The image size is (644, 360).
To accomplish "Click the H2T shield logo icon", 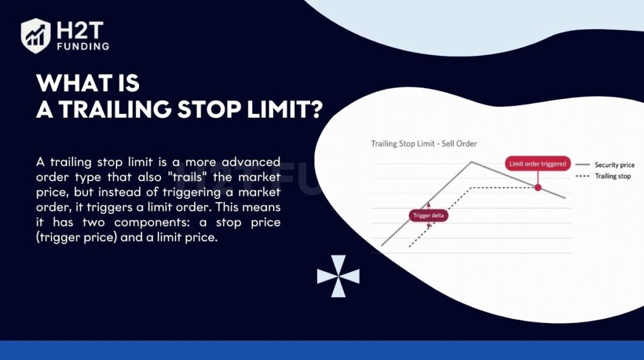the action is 36,36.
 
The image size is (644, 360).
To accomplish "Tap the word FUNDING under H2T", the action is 83,46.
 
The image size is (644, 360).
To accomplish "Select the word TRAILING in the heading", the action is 116,110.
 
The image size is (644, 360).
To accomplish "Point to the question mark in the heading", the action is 315,110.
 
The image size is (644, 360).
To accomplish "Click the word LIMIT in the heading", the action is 277,110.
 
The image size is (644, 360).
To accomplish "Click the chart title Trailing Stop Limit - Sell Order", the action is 424,144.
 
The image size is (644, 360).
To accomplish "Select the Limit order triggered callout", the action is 538,164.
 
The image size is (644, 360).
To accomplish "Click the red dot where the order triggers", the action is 538,188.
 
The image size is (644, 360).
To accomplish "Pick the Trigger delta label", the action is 428,216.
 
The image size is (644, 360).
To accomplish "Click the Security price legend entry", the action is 605,165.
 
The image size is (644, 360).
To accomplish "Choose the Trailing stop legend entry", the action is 603,176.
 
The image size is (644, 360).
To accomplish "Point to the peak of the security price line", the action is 472,162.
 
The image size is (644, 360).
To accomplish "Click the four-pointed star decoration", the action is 338,276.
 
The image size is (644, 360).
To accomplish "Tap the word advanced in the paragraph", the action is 251,162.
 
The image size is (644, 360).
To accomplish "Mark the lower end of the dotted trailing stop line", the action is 409,247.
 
